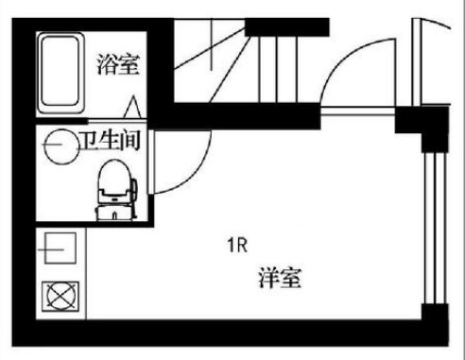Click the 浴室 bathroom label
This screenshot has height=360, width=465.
point(118,64)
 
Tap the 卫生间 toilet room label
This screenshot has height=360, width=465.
point(110,140)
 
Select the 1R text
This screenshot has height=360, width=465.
point(237,245)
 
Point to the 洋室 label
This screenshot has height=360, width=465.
point(280,278)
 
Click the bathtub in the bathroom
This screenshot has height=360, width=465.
point(60,73)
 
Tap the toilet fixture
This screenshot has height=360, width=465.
point(116,190)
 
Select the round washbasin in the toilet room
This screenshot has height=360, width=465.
point(61,146)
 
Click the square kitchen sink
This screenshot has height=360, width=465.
point(60,249)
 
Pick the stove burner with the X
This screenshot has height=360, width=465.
point(60,296)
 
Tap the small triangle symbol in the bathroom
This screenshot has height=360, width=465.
point(132,107)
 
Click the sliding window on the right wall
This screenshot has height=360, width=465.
point(435,228)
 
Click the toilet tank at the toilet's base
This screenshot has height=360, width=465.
point(115,213)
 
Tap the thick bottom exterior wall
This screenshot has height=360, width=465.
point(230,334)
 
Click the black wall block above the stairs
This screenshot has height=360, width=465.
point(287,27)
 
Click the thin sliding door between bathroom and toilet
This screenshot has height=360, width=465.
point(117,120)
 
